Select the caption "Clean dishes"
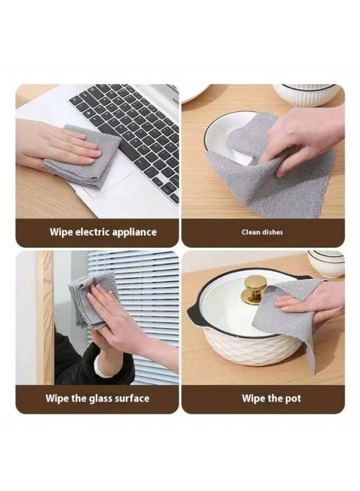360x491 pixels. point(262,232)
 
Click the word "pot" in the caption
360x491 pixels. point(293,399)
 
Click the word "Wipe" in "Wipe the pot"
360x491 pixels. point(253,399)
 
